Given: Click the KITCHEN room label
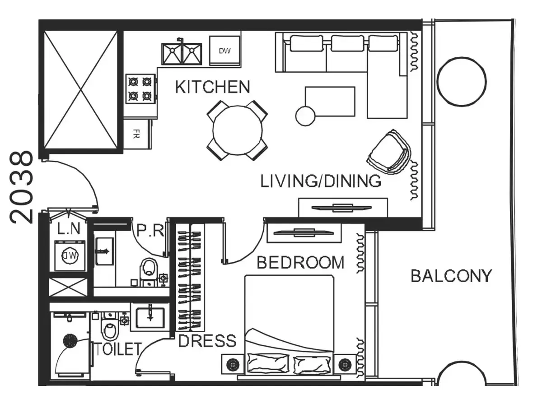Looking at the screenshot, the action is (x=212, y=87).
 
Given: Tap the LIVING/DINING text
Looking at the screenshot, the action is (x=321, y=181).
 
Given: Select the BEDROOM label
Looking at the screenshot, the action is (x=300, y=263).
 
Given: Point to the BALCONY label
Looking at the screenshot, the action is (x=452, y=276).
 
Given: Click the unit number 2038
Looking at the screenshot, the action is (x=21, y=187).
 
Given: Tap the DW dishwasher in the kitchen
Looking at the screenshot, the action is (x=225, y=51).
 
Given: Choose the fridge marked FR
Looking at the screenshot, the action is (x=137, y=134).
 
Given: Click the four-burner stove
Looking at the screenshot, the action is (x=140, y=89).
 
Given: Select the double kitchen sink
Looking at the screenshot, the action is (x=182, y=54).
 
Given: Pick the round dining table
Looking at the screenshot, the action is (x=238, y=130).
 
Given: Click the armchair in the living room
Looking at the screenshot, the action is (x=389, y=152).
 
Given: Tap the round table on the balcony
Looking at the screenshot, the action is (x=462, y=82).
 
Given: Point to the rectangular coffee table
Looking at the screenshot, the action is (x=330, y=102).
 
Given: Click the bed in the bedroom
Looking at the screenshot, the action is (x=290, y=326).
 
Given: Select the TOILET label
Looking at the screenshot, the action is (x=118, y=349).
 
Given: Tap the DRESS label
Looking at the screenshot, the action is (x=207, y=341).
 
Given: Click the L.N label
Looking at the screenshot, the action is (x=69, y=228).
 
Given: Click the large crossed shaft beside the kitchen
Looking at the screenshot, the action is (x=80, y=89).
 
